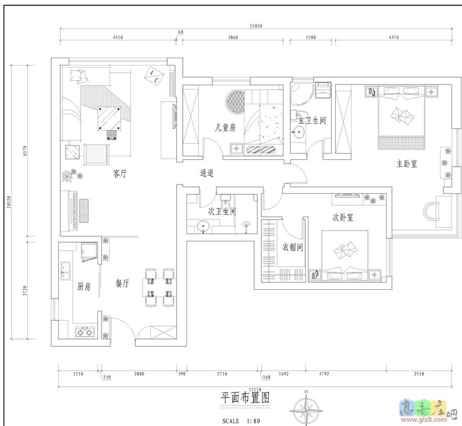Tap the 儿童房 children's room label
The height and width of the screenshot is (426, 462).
(225, 127)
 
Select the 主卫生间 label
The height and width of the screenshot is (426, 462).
(312, 121)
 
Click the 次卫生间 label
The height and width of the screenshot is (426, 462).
(222, 212)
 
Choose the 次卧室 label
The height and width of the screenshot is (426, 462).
(343, 217)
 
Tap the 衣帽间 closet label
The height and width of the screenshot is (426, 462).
(293, 247)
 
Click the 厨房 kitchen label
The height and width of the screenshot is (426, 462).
(84, 287)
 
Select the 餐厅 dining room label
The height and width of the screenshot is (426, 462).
(123, 283)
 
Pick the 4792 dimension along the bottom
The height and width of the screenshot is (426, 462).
(323, 374)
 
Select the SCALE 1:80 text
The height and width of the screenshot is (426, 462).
(241, 420)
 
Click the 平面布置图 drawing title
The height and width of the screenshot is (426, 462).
(245, 398)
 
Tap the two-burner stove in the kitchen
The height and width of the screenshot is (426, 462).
(85, 331)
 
